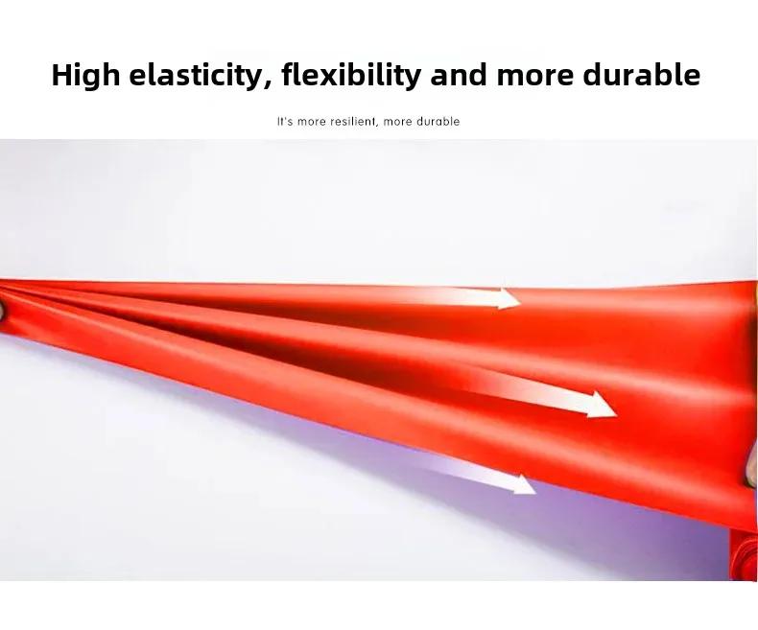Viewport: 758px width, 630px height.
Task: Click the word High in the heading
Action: pyautogui.click(x=85, y=76)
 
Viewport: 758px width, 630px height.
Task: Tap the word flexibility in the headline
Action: pyautogui.click(x=351, y=76)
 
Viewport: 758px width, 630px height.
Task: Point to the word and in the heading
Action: pyautogui.click(x=459, y=75)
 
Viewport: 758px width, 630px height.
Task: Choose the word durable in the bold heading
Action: pyautogui.click(x=642, y=75)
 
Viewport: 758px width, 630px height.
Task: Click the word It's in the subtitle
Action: pyautogui.click(x=285, y=121)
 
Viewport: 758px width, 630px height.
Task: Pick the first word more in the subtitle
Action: pyautogui.click(x=312, y=122)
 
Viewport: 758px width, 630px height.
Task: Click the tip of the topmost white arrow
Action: pyautogui.click(x=521, y=302)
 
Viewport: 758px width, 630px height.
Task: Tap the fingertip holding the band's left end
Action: pyautogui.click(x=2, y=311)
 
